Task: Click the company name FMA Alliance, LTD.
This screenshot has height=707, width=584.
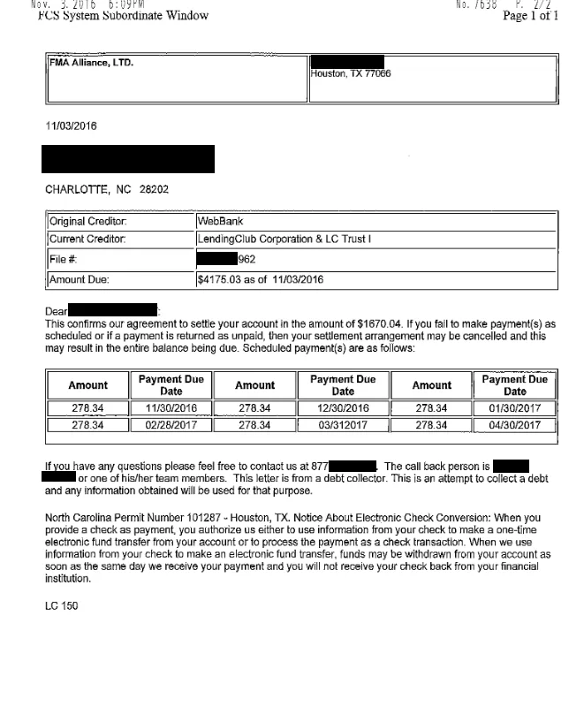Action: tap(91, 64)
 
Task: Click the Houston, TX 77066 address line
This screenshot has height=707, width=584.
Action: tap(351, 74)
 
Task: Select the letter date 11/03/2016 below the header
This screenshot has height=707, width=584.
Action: tap(71, 126)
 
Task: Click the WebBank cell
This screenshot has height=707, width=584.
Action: tap(220, 222)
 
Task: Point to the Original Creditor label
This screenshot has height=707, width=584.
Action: tap(87, 222)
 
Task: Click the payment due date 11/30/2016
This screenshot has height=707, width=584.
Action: tap(171, 409)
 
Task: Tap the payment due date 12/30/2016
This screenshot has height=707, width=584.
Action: tap(343, 409)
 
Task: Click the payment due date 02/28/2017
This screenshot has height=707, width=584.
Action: tap(171, 425)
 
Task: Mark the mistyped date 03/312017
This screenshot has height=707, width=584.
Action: tap(343, 425)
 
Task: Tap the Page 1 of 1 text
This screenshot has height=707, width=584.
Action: tap(530, 16)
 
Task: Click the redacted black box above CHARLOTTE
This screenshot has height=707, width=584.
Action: tap(128, 159)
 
